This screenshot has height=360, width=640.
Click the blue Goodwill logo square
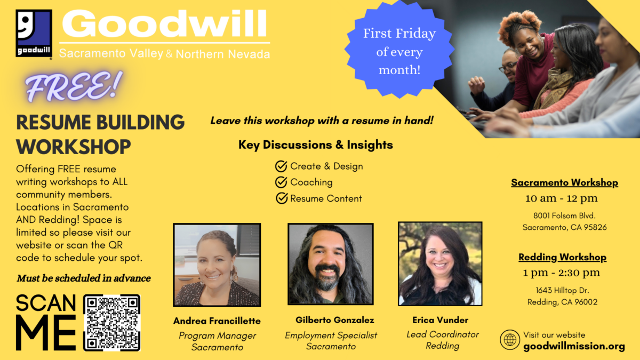point(34,33)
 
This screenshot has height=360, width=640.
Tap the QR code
point(111,323)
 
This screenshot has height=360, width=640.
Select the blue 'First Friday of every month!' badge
point(399,49)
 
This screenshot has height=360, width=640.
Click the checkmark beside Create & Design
point(281,166)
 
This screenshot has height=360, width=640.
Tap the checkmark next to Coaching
point(281,182)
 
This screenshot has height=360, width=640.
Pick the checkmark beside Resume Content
point(282,198)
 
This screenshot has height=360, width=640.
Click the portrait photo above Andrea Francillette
point(217,265)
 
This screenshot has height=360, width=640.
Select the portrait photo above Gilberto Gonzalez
point(331,264)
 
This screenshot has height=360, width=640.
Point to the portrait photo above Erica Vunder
point(440,263)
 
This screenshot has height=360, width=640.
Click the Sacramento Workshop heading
point(565,182)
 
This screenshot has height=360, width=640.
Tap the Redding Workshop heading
point(562,257)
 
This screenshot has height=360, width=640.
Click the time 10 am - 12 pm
point(562,198)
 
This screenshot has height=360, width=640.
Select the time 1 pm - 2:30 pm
point(562,273)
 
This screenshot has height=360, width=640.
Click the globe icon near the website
point(510,340)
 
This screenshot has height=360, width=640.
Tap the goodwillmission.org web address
point(574,346)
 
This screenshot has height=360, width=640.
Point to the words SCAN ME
point(46,322)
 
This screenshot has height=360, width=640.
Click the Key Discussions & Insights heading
point(316,145)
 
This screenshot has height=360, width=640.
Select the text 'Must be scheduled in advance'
point(84,278)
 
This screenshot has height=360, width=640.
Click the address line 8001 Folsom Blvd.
point(564,215)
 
